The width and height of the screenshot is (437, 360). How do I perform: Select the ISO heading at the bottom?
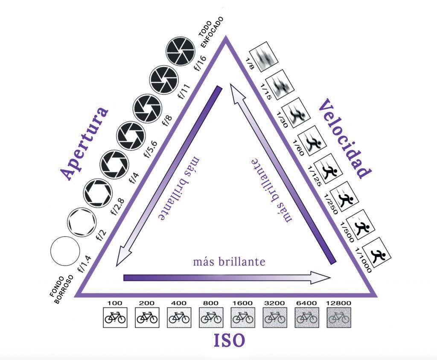click(x=229, y=340)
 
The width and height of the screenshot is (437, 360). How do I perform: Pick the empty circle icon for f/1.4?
click(x=65, y=251)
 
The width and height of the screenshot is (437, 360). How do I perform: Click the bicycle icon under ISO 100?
click(x=115, y=317)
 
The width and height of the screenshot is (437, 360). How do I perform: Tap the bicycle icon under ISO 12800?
click(x=339, y=317)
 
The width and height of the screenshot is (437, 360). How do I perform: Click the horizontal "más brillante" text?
click(x=229, y=261)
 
